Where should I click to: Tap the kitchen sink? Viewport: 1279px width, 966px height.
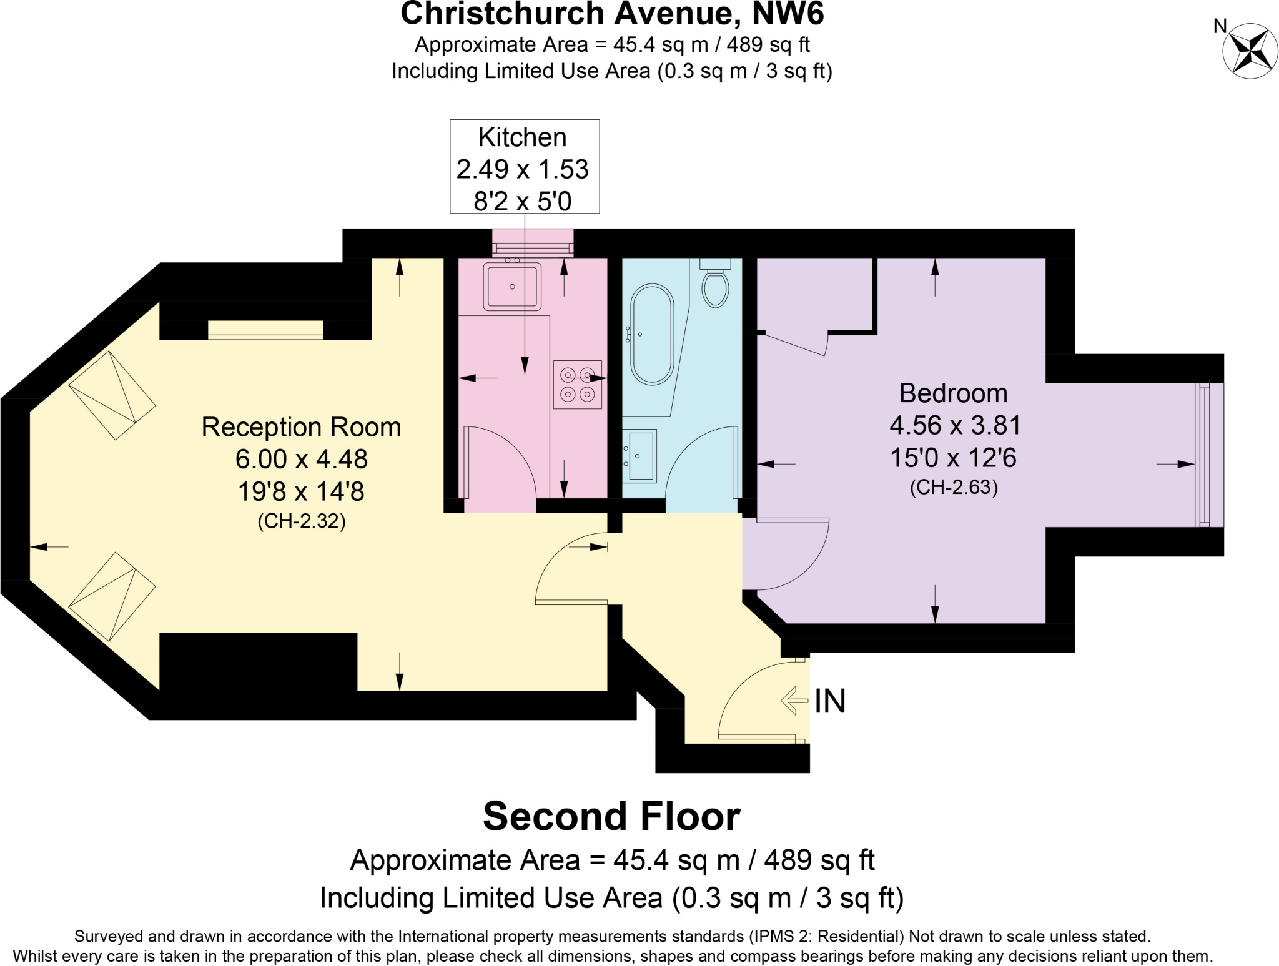coord(511,287)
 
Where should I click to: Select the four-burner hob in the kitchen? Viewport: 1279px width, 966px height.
coord(577,385)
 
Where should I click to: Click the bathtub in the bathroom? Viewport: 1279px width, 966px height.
coord(652,334)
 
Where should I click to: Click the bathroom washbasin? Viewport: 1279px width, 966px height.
coord(639,456)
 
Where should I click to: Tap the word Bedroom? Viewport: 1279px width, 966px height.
coord(953,393)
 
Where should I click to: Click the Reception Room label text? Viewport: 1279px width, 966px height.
coord(301,427)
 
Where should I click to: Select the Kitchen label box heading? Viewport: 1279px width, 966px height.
coord(522,137)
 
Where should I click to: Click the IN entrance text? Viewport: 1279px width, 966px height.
coord(830,701)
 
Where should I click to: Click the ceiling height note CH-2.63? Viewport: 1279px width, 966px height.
coord(953,487)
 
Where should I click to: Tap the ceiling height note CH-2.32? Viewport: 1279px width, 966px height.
coord(301,521)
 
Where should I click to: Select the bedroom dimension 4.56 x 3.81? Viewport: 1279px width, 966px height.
coord(954,425)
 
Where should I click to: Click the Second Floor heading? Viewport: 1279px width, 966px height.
coord(611,816)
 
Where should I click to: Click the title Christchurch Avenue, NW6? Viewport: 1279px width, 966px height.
coord(611,14)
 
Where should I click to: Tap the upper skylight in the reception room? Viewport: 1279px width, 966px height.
coord(112,395)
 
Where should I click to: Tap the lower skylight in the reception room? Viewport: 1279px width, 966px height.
coord(112,596)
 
